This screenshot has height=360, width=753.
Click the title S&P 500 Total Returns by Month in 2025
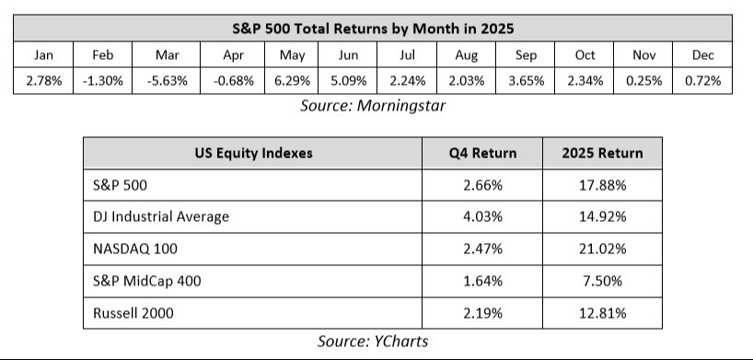(x=373, y=29)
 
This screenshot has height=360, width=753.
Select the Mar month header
(x=168, y=55)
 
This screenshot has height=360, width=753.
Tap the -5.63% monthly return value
(x=168, y=81)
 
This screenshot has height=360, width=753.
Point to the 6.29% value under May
(x=292, y=81)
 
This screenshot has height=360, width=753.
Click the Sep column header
(x=526, y=55)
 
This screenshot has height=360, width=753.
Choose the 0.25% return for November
(x=644, y=81)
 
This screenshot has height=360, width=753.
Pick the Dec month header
(x=702, y=55)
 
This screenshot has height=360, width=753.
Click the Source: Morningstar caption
(x=373, y=105)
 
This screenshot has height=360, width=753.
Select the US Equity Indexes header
(x=253, y=153)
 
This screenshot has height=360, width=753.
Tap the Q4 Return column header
(x=482, y=153)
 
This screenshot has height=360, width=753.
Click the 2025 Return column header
(x=602, y=153)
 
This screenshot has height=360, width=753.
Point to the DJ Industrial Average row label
(x=161, y=216)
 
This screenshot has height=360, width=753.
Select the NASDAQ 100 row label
(x=135, y=249)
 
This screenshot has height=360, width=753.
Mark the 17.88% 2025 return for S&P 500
(x=603, y=185)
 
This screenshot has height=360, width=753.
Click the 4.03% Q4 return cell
(x=482, y=216)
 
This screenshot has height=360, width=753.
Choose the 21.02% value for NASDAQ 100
(x=603, y=249)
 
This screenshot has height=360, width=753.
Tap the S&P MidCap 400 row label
(x=147, y=281)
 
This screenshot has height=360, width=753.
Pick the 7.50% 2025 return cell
(x=603, y=281)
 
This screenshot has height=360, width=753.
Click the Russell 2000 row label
(x=133, y=313)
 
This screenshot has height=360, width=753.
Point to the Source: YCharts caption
(x=373, y=342)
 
